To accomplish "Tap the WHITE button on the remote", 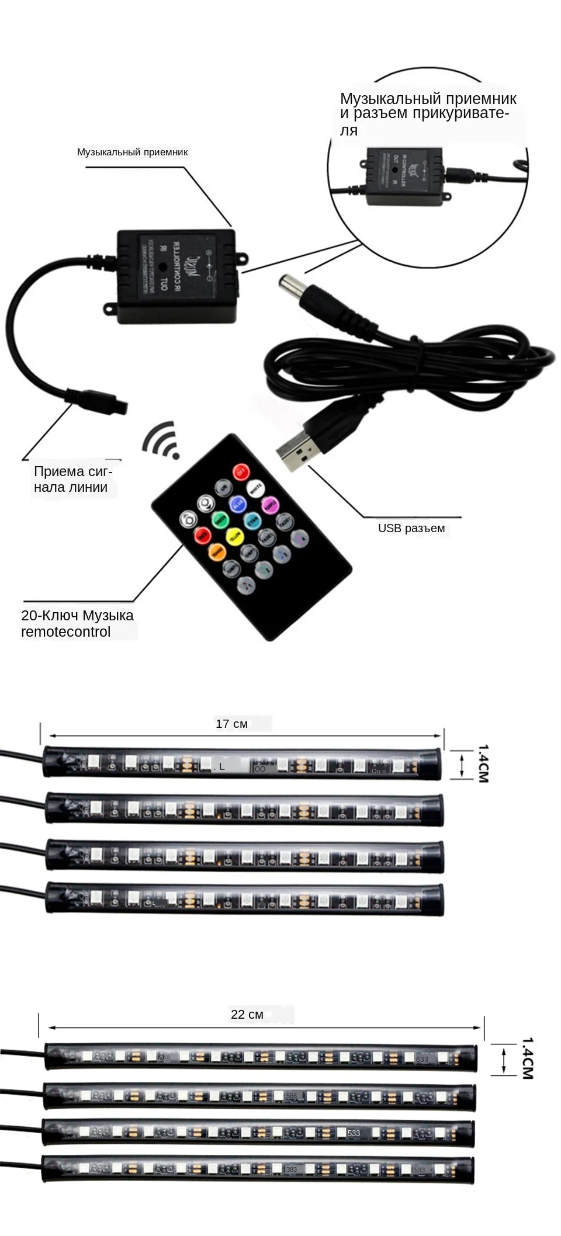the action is tap(255, 489).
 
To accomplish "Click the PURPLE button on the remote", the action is tap(269, 505).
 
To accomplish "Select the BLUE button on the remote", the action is tap(238, 504).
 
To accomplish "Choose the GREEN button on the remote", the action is tap(220, 519).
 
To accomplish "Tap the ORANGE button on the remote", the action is tap(217, 551).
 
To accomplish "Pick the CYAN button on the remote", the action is tap(252, 520).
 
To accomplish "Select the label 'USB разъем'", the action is tap(411, 528).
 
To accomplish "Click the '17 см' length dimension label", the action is tap(231, 724).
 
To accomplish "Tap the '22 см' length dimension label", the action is tap(247, 1014).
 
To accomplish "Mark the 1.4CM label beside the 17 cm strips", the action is tap(483, 763).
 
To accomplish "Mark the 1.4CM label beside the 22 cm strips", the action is tap(527, 1058).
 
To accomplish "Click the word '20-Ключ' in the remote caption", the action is tap(50, 615).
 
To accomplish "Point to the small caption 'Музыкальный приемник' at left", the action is tap(132, 152).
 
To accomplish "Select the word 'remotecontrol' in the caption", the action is tap(65, 631).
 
